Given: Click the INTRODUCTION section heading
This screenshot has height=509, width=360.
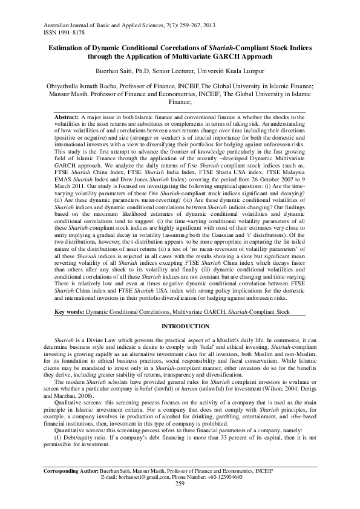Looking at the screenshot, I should (180, 326).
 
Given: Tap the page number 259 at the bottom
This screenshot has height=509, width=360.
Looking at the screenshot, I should (180, 500).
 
